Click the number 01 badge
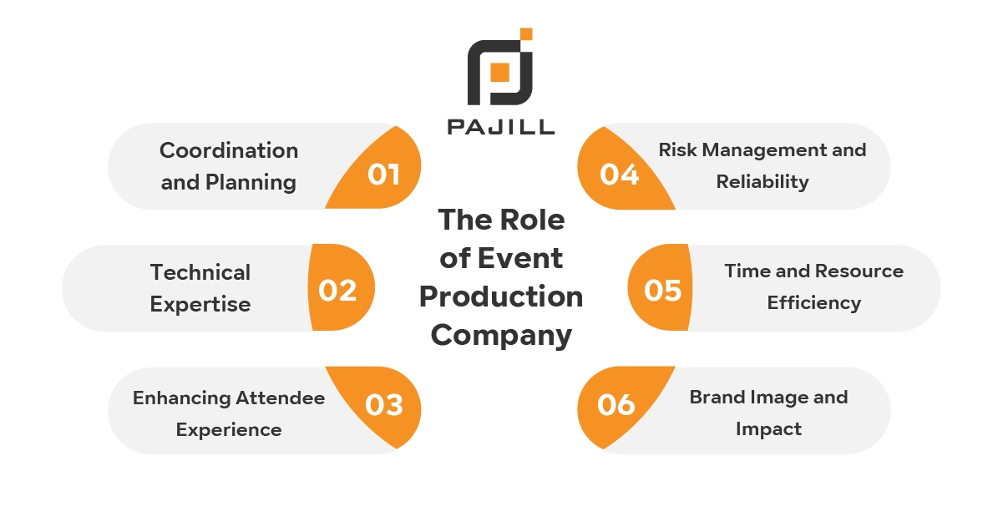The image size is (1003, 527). [383, 174]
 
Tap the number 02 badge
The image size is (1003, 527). [338, 290]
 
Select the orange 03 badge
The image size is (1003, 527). [383, 405]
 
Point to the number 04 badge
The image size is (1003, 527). [620, 174]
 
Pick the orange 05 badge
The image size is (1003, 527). [663, 290]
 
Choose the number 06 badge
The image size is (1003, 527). [616, 405]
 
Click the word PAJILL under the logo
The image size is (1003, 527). [500, 127]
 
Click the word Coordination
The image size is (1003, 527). [229, 150]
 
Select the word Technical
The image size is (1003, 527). [200, 272]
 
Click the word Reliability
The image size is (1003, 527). [762, 181]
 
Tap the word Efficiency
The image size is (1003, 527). [813, 302]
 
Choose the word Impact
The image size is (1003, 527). [768, 428]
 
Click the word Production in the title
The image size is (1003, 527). [501, 296]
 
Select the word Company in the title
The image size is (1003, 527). [501, 335]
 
